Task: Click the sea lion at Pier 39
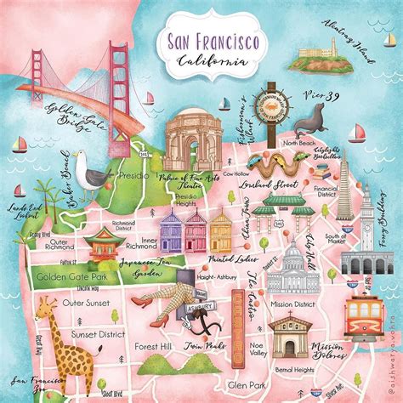[x=309, y=125]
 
